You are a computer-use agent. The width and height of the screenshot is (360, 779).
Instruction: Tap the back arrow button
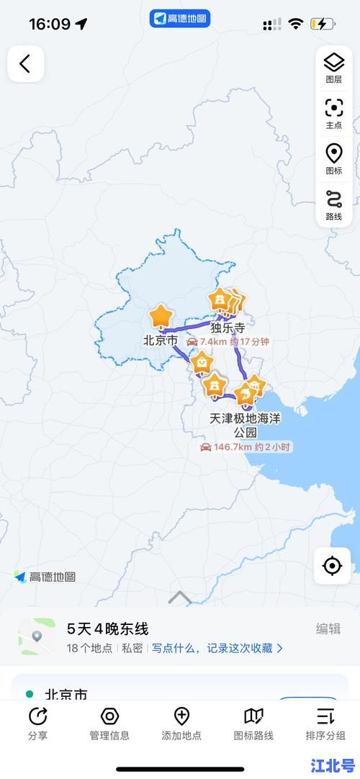[25, 64]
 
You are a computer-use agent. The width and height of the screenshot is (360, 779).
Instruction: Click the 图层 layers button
[333, 67]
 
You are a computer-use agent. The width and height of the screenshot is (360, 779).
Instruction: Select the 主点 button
[333, 113]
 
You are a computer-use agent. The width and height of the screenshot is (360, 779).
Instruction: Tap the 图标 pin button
[333, 158]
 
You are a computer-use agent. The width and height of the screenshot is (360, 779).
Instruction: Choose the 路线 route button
[333, 204]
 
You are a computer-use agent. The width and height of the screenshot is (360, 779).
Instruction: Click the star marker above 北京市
[161, 316]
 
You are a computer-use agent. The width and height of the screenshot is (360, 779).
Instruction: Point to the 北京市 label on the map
[160, 341]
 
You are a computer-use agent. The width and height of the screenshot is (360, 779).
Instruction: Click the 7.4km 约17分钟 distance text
[228, 342]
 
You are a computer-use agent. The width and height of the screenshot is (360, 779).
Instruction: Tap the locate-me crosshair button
[332, 566]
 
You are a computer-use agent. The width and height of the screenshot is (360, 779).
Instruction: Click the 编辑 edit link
[328, 629]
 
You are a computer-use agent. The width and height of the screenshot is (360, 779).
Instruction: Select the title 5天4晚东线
[107, 629]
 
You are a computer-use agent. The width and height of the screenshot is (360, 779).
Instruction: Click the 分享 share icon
[37, 722]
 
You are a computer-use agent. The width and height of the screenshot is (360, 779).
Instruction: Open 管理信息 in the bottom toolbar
[109, 722]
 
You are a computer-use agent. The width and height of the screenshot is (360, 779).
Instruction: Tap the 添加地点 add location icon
[181, 722]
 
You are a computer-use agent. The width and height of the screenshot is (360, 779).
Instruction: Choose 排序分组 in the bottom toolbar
[325, 722]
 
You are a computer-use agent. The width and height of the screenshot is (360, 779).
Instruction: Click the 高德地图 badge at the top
[180, 19]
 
